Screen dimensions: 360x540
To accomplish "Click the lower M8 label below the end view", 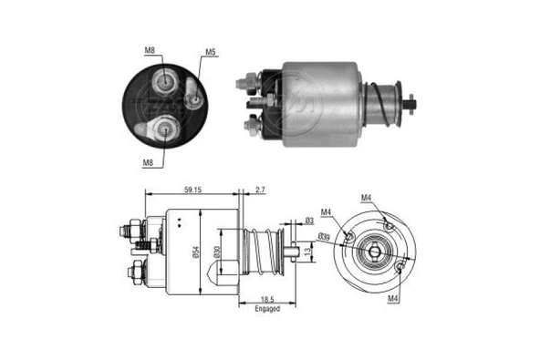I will [147, 163].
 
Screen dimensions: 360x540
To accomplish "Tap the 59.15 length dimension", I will [192, 191].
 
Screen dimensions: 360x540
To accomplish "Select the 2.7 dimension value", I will [261, 191].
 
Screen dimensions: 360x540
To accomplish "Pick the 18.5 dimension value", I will [268, 299].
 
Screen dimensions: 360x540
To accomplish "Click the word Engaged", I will [267, 309].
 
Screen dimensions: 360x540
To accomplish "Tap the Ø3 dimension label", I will [309, 221].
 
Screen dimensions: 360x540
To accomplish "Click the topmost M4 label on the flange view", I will [366, 198].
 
